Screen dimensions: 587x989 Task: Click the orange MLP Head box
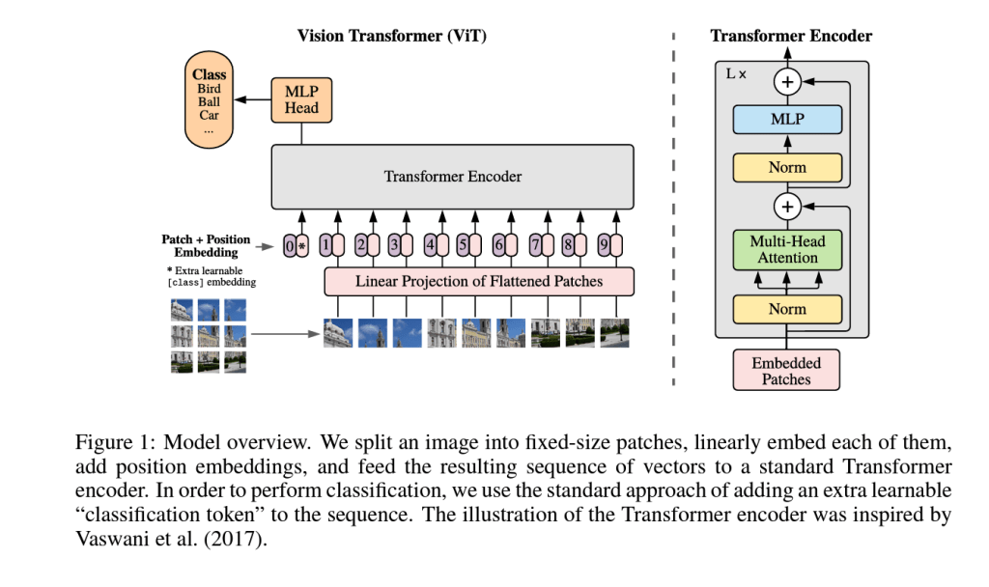coord(301,99)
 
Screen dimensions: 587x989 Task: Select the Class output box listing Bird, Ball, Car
coord(209,101)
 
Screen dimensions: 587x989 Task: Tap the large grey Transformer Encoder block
coord(452,177)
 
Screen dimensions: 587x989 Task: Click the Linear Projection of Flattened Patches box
coord(479,282)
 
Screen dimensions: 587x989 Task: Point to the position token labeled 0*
coord(296,245)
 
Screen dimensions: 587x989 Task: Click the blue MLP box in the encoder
coord(787,120)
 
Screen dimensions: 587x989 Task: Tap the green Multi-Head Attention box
coord(787,250)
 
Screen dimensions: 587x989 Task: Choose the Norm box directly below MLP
coord(787,167)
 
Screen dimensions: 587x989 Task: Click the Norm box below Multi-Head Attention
coord(787,309)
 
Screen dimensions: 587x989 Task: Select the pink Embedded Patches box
coord(787,371)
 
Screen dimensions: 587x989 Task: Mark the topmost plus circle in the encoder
coord(788,82)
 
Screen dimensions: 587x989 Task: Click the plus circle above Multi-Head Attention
coord(788,206)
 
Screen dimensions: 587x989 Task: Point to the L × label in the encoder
coord(735,73)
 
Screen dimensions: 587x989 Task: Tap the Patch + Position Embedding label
coord(206,245)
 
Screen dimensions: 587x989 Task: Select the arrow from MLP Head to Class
coord(256,99)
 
